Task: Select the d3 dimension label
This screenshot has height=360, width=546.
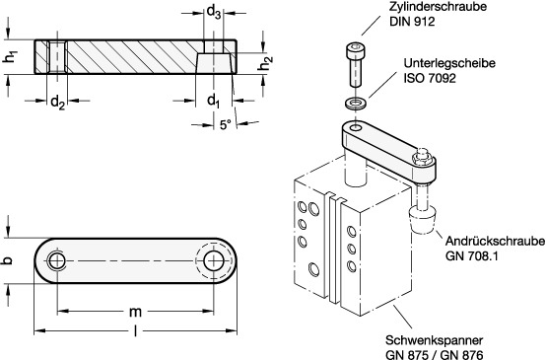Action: pyautogui.click(x=214, y=13)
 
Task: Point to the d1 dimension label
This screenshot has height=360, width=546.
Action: pyautogui.click(x=214, y=101)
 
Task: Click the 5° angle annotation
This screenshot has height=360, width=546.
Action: pyautogui.click(x=226, y=125)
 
